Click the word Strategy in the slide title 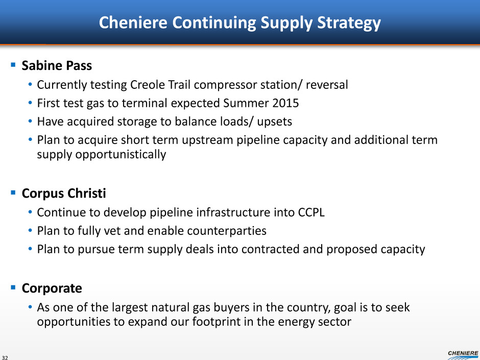point(349,23)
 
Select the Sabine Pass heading point(57,65)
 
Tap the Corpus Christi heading point(64,194)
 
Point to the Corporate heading point(52,289)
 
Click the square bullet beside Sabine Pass point(13,64)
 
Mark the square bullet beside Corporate point(13,287)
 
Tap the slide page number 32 point(5,357)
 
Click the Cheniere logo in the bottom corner point(463,355)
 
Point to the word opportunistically point(101,155)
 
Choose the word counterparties point(227,231)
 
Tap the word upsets point(274,122)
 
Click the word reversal point(327,85)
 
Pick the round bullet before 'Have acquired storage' point(30,121)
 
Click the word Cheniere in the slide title point(133,22)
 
